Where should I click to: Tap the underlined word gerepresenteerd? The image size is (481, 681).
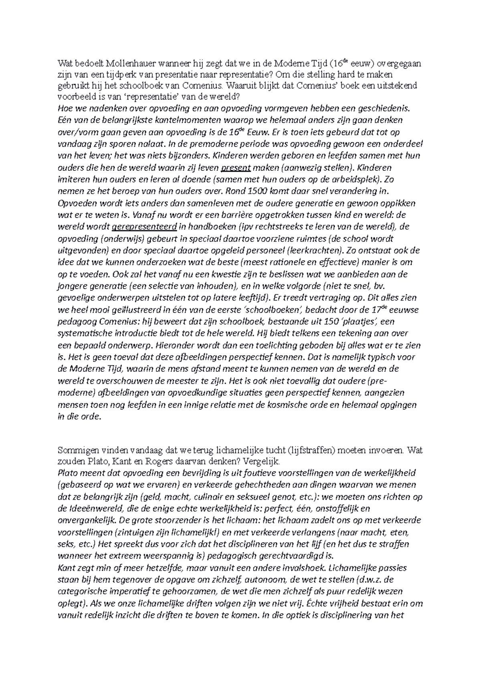point(145,227)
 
